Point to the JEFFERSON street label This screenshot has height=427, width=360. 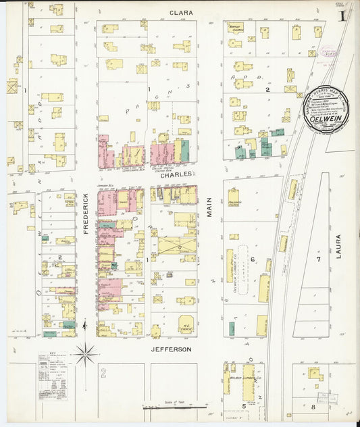(x=172, y=349)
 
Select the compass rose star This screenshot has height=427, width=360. (x=86, y=352)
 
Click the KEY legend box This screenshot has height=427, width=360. (x=53, y=377)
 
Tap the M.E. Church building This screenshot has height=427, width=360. (x=186, y=324)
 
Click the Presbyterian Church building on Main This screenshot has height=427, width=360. (x=233, y=197)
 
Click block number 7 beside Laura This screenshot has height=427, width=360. (x=317, y=259)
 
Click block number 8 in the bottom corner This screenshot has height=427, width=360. (x=313, y=407)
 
